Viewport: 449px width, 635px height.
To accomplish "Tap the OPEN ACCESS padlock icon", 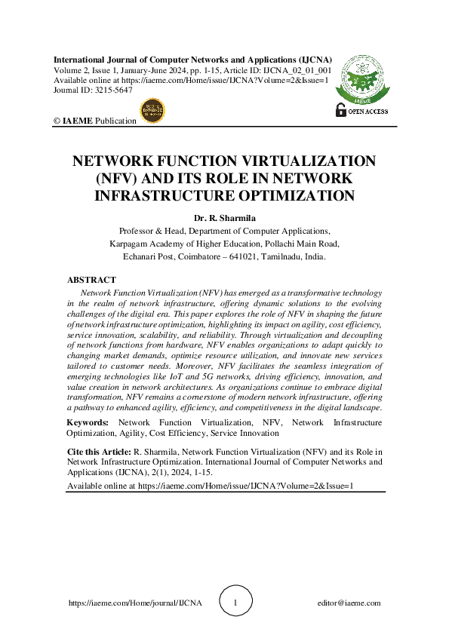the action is pyautogui.click(x=340, y=111).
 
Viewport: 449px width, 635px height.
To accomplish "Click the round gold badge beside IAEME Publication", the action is pyautogui.click(x=153, y=111).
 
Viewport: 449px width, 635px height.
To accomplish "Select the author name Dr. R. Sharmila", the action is pyautogui.click(x=224, y=219).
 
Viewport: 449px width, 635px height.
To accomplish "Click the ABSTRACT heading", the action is pyautogui.click(x=91, y=281).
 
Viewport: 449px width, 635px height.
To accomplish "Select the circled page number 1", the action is pyautogui.click(x=235, y=603).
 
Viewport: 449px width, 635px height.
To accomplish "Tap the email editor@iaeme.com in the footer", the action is pyautogui.click(x=349, y=603).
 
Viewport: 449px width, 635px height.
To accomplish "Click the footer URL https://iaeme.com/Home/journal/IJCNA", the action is pyautogui.click(x=135, y=603).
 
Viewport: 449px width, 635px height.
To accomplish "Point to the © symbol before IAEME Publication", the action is pyautogui.click(x=57, y=121).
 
